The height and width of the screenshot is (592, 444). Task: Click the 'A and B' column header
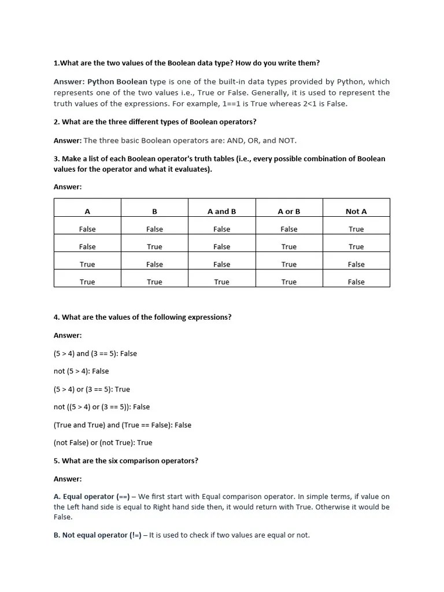coord(221,212)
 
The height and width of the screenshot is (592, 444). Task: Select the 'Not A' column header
coord(356,212)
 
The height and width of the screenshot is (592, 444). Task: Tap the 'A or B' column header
coord(289,212)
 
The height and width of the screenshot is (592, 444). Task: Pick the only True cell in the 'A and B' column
coord(221,282)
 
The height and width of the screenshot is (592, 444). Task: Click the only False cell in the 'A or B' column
coord(289,230)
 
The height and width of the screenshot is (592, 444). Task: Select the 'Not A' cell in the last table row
coord(356,282)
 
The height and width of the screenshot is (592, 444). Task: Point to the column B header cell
coord(154,212)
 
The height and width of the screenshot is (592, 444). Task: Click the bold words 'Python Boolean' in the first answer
coord(117,82)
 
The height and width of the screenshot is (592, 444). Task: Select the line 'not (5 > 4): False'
coord(81,371)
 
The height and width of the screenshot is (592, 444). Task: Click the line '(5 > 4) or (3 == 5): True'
coord(92,389)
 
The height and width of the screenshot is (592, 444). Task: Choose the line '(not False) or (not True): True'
coord(103,443)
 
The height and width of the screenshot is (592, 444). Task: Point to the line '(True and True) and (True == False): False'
coord(122,425)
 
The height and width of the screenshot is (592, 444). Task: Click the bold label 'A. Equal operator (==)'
coord(92,497)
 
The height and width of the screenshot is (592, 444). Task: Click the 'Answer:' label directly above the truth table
coord(68,187)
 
